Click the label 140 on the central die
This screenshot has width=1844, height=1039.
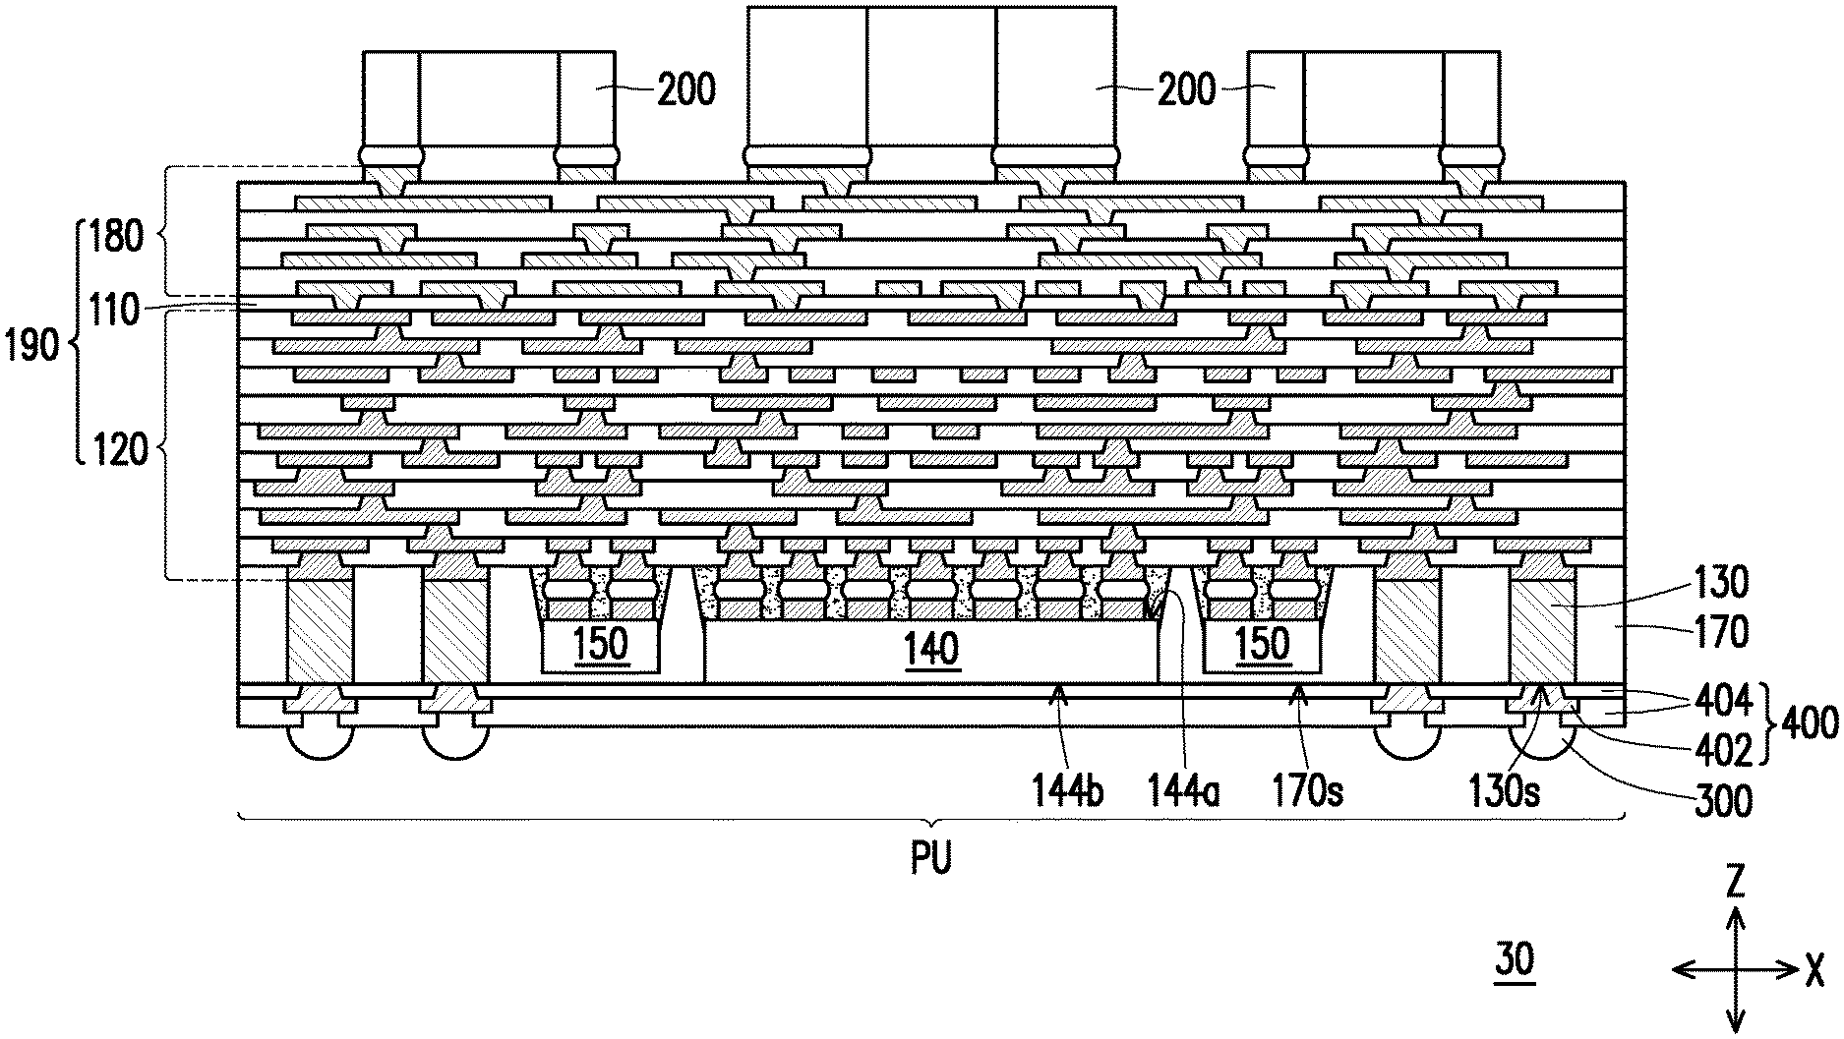coord(931,649)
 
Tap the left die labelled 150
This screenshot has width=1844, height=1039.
coord(600,645)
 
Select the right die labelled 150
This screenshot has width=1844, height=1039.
coord(1262,645)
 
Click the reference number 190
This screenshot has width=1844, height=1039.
coord(32,347)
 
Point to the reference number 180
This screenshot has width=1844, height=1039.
coord(117,237)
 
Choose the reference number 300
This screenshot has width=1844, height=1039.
coord(1724,801)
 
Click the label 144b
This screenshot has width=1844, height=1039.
coord(1067,790)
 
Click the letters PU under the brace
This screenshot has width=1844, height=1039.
coord(930,860)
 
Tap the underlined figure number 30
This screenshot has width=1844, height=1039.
coord(1515,959)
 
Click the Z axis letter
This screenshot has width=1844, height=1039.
coord(1736,885)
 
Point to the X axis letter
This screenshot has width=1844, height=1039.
coord(1814,971)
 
